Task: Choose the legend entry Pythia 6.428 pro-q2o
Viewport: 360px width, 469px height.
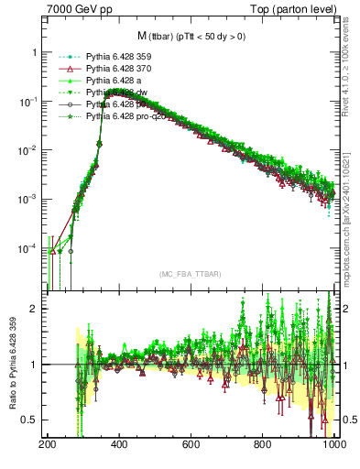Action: coord(127,118)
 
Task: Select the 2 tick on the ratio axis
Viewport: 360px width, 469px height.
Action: coord(36,309)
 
